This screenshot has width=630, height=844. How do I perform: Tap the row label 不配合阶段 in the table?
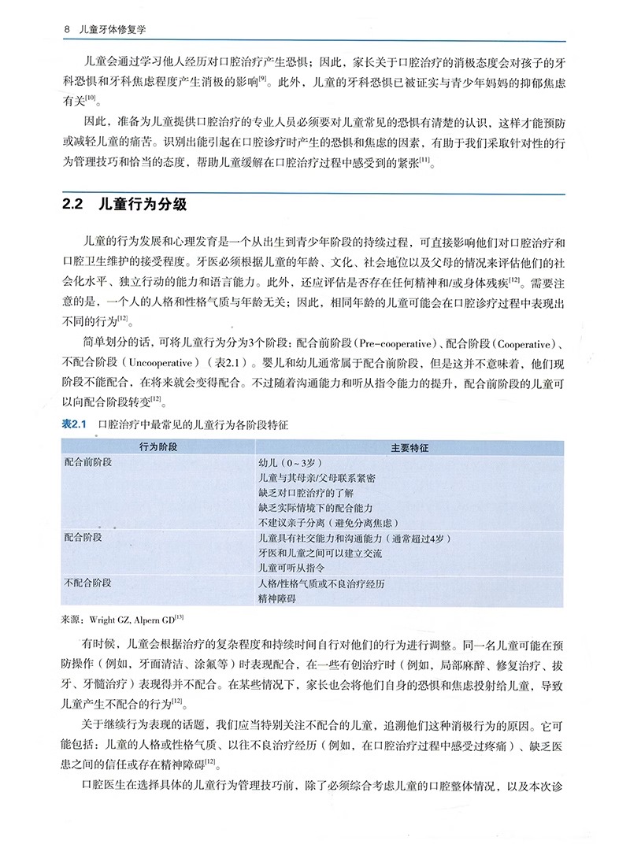pos(87,583)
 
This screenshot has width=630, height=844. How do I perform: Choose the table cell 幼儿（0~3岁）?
pos(289,463)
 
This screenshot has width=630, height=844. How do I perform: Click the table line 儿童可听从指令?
pos(291,568)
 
